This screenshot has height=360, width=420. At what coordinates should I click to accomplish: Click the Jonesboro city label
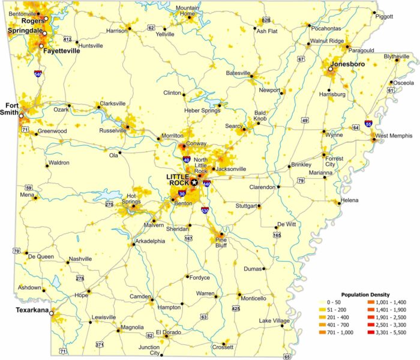pos(346,63)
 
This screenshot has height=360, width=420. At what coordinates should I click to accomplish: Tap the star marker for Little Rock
pos(194,182)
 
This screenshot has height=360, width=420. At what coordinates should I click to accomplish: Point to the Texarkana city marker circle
pos(52,313)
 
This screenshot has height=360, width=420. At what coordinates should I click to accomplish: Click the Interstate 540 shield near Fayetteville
pos(38,74)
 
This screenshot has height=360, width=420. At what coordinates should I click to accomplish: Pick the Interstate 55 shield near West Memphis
pos(368,124)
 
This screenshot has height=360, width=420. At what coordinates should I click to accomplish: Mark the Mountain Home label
pos(187,10)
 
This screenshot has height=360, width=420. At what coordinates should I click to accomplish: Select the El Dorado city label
pos(167,332)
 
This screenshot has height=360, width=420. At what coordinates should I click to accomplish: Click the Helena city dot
pos(340,203)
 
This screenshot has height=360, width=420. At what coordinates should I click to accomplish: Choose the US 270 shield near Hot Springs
pos(109,205)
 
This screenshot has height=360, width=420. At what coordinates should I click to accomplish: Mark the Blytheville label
pos(397,56)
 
